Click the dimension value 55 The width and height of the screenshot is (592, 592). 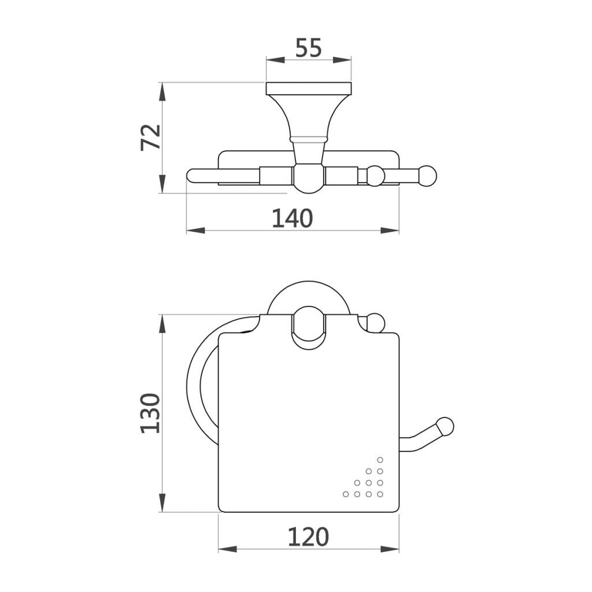coord(309,47)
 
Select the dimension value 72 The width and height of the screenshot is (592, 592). coord(151,138)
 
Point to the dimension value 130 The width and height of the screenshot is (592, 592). coord(151,413)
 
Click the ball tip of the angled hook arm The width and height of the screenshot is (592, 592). coord(445,427)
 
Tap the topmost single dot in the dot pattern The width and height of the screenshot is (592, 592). coord(380,460)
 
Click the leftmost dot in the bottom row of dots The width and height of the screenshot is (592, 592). coord(346,494)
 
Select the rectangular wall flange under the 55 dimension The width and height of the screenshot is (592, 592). coord(309,88)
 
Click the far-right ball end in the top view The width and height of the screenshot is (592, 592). coord(427,176)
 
